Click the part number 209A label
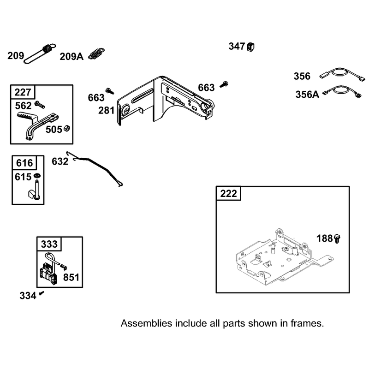[71, 57]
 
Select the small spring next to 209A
[96, 54]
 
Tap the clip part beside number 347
[250, 47]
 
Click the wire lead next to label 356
[342, 74]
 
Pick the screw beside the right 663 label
[224, 84]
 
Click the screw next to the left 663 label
[110, 91]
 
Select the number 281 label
[107, 110]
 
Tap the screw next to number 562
[40, 105]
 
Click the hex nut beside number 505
[67, 128]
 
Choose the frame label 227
[23, 92]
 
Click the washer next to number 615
[37, 176]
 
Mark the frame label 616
[24, 163]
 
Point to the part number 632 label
[60, 161]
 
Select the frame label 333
[49, 244]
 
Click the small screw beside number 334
[42, 293]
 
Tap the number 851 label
[71, 277]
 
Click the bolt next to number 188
[337, 238]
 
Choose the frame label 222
[228, 194]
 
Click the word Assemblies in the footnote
[146, 323]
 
